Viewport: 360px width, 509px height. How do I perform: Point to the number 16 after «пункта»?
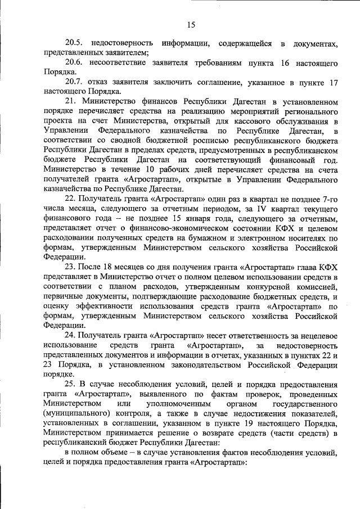tap(285, 63)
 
